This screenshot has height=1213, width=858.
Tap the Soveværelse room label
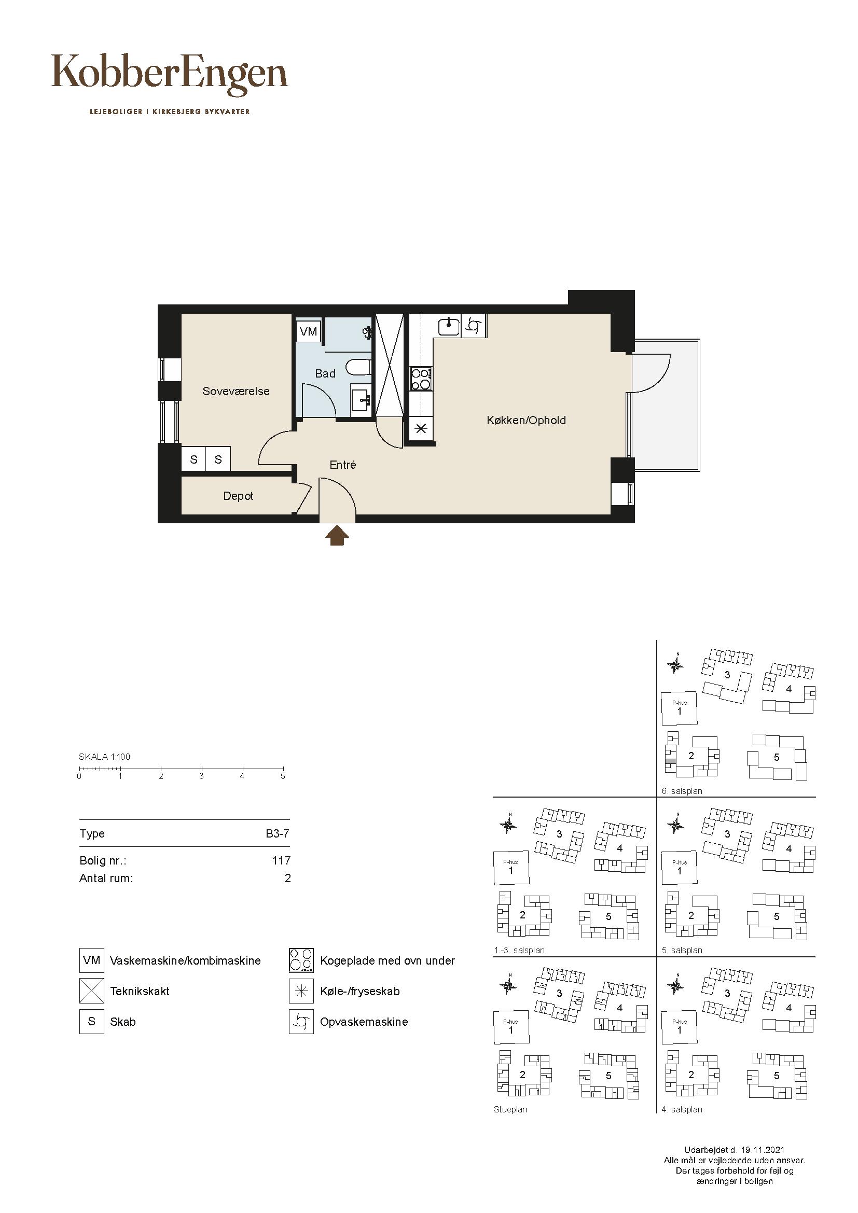click(236, 392)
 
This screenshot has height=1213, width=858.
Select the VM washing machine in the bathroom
click(309, 331)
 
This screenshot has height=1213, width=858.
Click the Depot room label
click(238, 496)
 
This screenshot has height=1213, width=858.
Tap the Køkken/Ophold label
click(526, 421)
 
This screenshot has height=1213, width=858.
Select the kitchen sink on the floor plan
click(449, 326)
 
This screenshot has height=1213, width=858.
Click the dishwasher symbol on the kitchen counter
click(474, 326)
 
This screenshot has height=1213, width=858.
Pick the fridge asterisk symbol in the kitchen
click(421, 429)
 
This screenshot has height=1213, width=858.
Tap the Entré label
click(343, 465)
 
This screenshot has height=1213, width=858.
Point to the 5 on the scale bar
click(283, 776)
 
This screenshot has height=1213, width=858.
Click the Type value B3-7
click(278, 834)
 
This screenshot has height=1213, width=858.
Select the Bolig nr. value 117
click(281, 861)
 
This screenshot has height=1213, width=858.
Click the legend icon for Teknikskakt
click(92, 991)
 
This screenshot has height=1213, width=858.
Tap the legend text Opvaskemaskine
click(364, 1022)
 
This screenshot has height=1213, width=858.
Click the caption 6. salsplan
click(682, 791)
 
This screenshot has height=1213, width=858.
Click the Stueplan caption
click(510, 1109)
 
